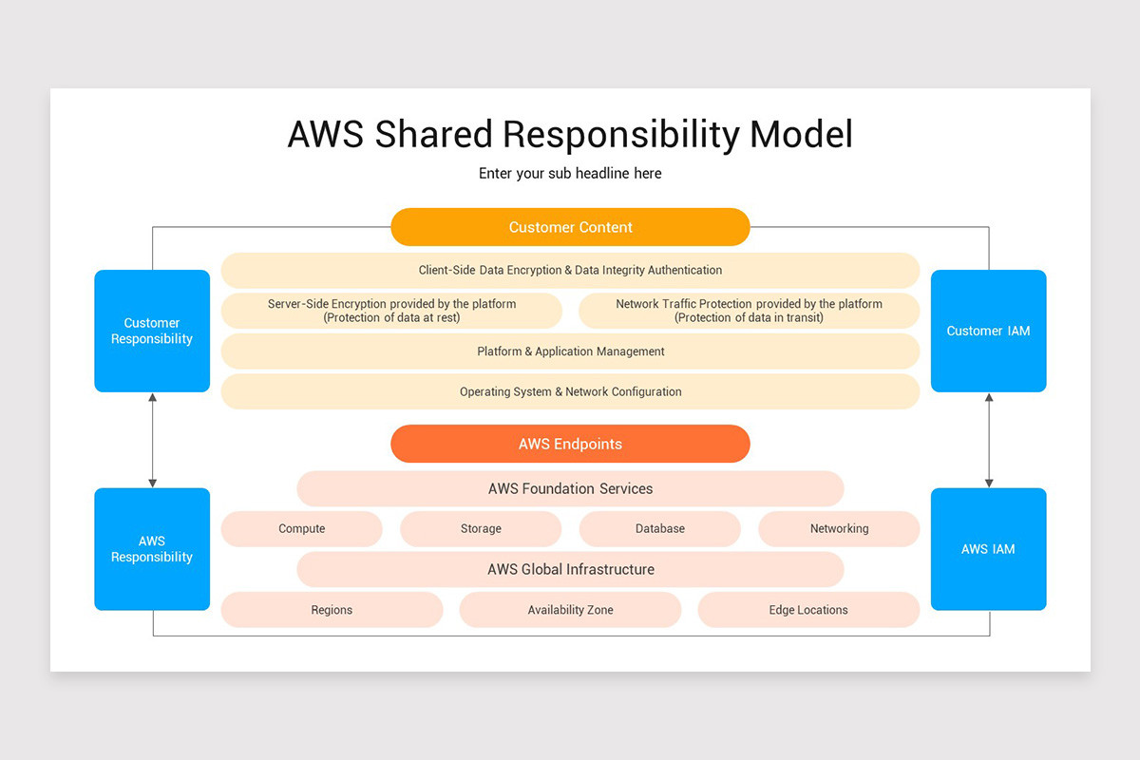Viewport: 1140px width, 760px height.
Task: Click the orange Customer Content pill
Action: pos(570,227)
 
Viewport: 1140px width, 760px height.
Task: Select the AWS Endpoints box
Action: pos(570,444)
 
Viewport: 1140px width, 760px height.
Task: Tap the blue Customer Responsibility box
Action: pos(152,331)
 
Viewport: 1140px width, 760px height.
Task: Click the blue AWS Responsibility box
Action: pos(152,549)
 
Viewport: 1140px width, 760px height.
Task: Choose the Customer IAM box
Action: pos(988,331)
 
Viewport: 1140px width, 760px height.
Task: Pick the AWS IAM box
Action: pos(988,549)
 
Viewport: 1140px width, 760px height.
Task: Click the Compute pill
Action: pos(301,529)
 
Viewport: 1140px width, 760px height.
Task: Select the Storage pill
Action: pos(481,529)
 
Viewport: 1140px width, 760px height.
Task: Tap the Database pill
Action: pos(659,529)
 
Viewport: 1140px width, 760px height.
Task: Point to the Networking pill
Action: pos(839,529)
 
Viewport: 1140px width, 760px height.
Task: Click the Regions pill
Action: pos(332,610)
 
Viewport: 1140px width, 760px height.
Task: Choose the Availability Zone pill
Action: pos(570,610)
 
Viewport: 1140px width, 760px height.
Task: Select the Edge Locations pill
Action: pos(808,610)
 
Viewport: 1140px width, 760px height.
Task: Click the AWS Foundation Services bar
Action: pos(570,488)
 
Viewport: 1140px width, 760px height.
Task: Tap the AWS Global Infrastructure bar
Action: pos(570,570)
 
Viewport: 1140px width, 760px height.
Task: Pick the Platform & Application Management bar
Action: pos(570,351)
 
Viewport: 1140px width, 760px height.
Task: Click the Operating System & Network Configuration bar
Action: pos(570,391)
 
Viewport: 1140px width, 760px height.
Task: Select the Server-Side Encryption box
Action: pos(391,311)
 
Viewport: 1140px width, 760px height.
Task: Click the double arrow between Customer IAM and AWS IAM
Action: pos(989,440)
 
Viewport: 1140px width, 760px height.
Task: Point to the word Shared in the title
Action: pos(434,134)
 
